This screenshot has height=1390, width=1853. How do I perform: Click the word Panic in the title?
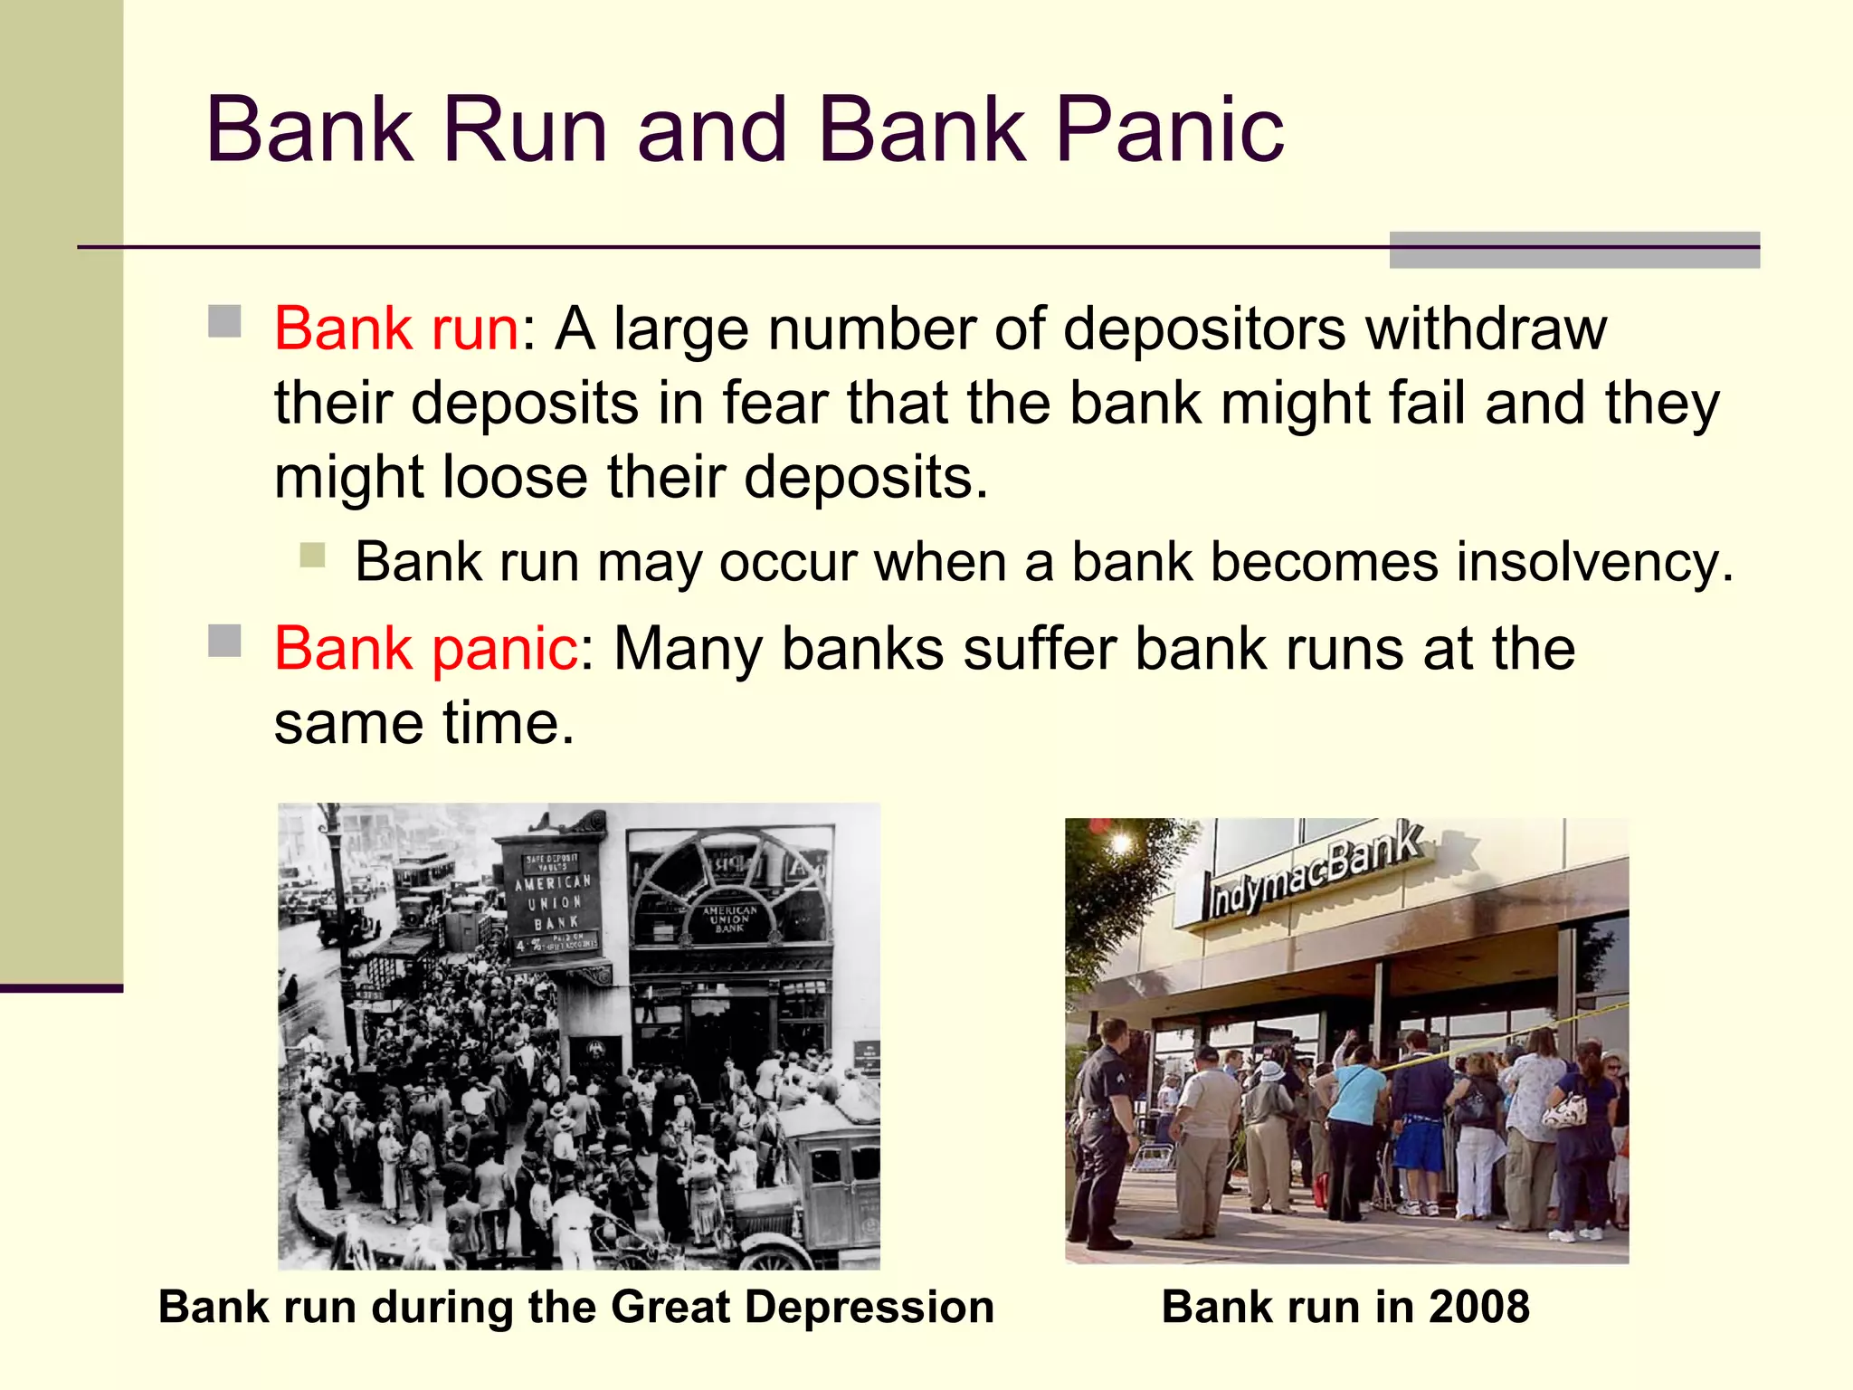(x=1169, y=130)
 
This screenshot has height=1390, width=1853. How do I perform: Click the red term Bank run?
(x=396, y=328)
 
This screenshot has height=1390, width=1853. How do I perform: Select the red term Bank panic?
(x=425, y=649)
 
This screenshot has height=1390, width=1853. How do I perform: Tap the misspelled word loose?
(x=514, y=477)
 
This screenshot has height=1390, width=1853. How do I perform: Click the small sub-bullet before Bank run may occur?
(x=312, y=554)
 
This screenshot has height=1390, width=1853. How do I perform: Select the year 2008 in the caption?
(x=1478, y=1308)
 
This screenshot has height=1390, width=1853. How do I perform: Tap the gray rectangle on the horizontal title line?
(x=1573, y=250)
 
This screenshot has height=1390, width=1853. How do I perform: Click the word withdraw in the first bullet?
(x=1486, y=328)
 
